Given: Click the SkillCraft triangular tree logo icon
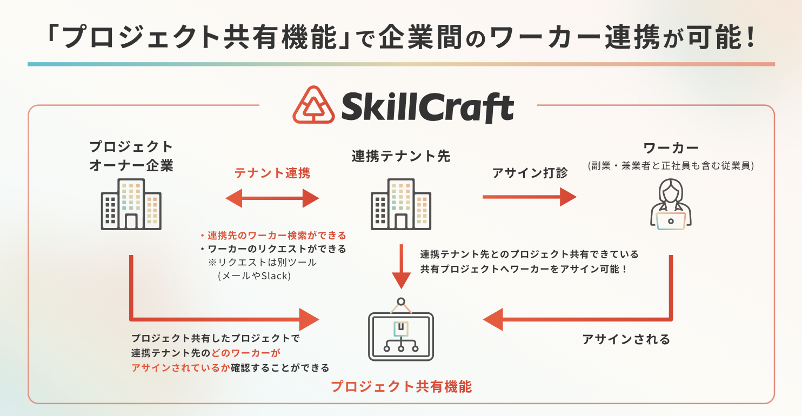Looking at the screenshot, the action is pyautogui.click(x=313, y=105).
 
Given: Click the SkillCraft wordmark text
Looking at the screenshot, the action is pyautogui.click(x=428, y=106).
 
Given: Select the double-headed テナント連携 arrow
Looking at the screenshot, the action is pyautogui.click(x=272, y=198).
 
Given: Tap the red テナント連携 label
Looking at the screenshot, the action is pyautogui.click(x=272, y=173).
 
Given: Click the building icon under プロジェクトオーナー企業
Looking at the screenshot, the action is pyautogui.click(x=131, y=204).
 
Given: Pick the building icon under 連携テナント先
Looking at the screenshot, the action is pyautogui.click(x=401, y=204).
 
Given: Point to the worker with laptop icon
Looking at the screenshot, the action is pyautogui.click(x=671, y=204).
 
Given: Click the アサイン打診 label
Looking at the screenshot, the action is pyautogui.click(x=530, y=173).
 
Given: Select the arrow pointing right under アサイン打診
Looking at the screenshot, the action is pyautogui.click(x=530, y=197).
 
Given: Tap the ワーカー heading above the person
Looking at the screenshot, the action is pyautogui.click(x=671, y=147).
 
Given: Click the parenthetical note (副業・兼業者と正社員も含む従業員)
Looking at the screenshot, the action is pyautogui.click(x=671, y=165).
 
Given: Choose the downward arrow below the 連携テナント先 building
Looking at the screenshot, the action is pyautogui.click(x=402, y=267).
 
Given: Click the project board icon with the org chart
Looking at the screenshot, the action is pyautogui.click(x=401, y=330).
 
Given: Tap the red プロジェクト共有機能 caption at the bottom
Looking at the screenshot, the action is pyautogui.click(x=401, y=387).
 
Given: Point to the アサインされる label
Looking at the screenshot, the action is pyautogui.click(x=626, y=339).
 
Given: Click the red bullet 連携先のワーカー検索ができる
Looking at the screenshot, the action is pyautogui.click(x=273, y=235).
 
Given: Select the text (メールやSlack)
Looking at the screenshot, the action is pyautogui.click(x=254, y=276).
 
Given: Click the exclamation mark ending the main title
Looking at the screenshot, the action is pyautogui.click(x=751, y=37).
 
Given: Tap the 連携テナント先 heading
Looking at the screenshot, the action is pyautogui.click(x=401, y=156).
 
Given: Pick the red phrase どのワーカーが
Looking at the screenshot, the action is pyautogui.click(x=245, y=353).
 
